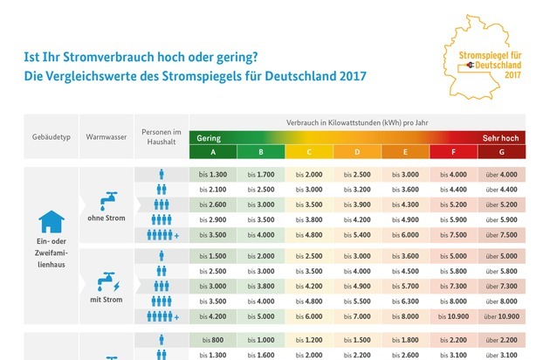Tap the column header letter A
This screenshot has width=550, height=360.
[213, 153]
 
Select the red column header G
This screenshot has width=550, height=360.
[501, 153]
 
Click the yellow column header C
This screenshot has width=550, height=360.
[309, 153]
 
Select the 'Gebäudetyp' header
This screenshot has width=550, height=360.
[41, 138]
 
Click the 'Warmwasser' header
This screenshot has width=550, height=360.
[103, 138]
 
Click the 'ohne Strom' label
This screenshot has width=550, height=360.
[103, 221]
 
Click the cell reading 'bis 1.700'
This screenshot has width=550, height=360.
[261, 175]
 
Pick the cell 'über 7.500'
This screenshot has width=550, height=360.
[501, 235]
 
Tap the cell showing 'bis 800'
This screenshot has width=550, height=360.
[213, 340]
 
